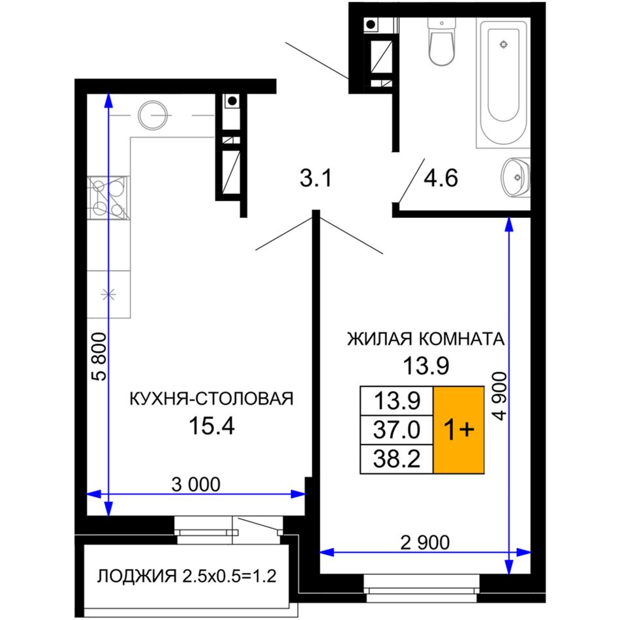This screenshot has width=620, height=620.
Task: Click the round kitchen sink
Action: pyautogui.click(x=152, y=115)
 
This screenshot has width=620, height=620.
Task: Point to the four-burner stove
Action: pyautogui.click(x=108, y=198)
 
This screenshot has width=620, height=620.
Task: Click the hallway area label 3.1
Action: pyautogui.click(x=315, y=178)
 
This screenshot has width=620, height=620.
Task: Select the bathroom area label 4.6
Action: pyautogui.click(x=441, y=178)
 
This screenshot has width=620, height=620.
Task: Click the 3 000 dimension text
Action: pyautogui.click(x=196, y=484)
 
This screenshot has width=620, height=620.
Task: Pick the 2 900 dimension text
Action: pyautogui.click(x=425, y=542)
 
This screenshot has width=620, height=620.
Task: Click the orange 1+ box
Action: pyautogui.click(x=459, y=430)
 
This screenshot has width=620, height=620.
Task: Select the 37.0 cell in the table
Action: pyautogui.click(x=397, y=430)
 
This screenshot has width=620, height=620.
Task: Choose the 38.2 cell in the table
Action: pyautogui.click(x=397, y=459)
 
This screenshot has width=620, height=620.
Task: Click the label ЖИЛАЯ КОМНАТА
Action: pyautogui.click(x=426, y=339)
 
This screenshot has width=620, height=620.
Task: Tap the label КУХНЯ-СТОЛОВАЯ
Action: pyautogui.click(x=211, y=399)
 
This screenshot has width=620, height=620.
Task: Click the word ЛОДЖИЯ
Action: pyautogui.click(x=137, y=576)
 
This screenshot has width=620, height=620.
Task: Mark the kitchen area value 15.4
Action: pyautogui.click(x=212, y=426)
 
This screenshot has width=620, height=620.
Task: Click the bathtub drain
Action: pyautogui.click(x=503, y=44)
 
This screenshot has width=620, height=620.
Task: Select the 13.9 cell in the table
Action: pyautogui.click(x=397, y=401)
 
